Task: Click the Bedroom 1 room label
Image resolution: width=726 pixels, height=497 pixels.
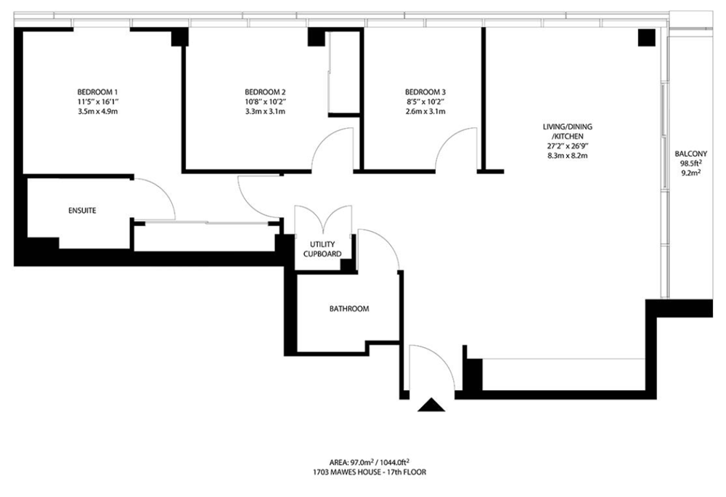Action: tap(98, 92)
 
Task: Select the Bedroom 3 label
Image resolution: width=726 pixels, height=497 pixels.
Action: tap(425, 92)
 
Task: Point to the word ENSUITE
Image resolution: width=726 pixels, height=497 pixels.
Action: tap(83, 210)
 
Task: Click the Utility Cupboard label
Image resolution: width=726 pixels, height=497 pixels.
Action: tap(322, 249)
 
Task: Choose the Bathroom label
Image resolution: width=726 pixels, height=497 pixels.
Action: tap(349, 309)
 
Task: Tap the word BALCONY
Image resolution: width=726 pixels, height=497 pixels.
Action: tap(691, 153)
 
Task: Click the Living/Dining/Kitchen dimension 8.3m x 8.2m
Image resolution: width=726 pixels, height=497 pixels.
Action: tap(567, 155)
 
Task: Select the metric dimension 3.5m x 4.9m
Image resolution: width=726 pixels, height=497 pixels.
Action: tap(98, 111)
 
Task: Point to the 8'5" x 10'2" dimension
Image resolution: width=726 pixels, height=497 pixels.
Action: tap(425, 102)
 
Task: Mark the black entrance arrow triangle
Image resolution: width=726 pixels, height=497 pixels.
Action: tap(431, 405)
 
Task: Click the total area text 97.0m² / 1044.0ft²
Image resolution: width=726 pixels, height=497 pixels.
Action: tap(370, 462)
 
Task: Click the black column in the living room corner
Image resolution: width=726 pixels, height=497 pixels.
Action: tap(646, 38)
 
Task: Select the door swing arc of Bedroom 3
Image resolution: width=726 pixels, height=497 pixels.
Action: tap(446, 139)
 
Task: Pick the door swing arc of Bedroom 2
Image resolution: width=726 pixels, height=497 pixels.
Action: tap(323, 139)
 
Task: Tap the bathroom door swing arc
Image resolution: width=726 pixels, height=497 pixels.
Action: tap(387, 240)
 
